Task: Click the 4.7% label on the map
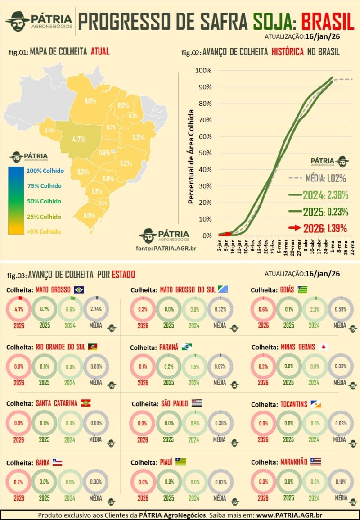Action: [79, 139]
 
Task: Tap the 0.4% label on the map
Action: [49, 131]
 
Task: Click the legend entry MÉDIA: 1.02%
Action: [322, 179]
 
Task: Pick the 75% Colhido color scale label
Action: [44, 186]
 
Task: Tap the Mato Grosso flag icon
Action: [80, 290]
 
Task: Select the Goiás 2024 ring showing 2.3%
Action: [314, 309]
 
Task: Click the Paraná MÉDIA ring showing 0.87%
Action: [219, 367]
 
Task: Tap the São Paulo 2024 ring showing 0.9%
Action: [194, 423]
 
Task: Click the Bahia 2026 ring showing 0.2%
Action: [18, 482]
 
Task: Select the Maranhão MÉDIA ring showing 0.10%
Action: [340, 482]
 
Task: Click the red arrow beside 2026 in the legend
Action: [294, 228]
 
